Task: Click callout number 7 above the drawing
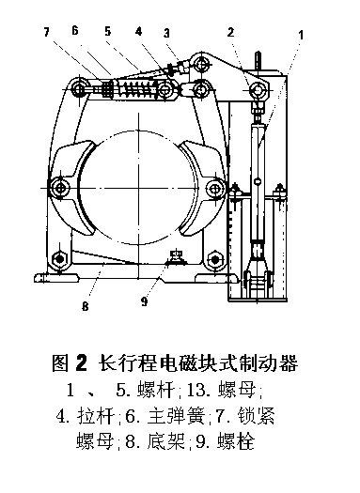46,32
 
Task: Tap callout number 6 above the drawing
75,30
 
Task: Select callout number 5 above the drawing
108,31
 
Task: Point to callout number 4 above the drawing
139,31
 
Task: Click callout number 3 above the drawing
166,33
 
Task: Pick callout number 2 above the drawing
230,32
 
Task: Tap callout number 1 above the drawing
301,35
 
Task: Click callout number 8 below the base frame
86,306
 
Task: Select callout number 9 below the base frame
145,301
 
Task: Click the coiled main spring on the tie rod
137,88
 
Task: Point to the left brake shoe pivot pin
60,188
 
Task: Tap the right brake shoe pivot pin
214,189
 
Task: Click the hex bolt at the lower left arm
59,258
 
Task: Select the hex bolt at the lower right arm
214,259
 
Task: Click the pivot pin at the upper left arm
79,89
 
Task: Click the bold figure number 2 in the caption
81,362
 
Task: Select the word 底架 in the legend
165,441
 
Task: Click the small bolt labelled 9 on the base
176,256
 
